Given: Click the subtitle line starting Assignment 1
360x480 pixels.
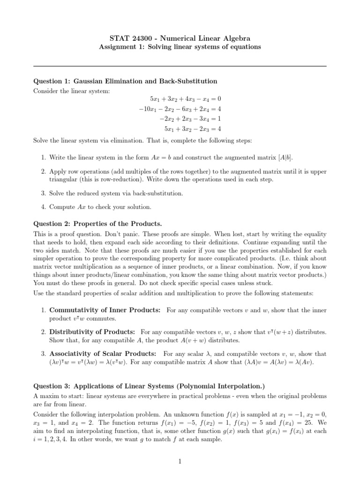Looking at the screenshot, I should (x=180, y=47).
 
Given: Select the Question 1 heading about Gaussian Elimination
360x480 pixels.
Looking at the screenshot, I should (x=125, y=81).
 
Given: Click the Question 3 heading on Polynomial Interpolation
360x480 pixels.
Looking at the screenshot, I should (x=149, y=386).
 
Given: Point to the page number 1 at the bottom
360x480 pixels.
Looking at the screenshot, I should (x=180, y=462).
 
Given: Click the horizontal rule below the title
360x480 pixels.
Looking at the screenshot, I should (x=180, y=66).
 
